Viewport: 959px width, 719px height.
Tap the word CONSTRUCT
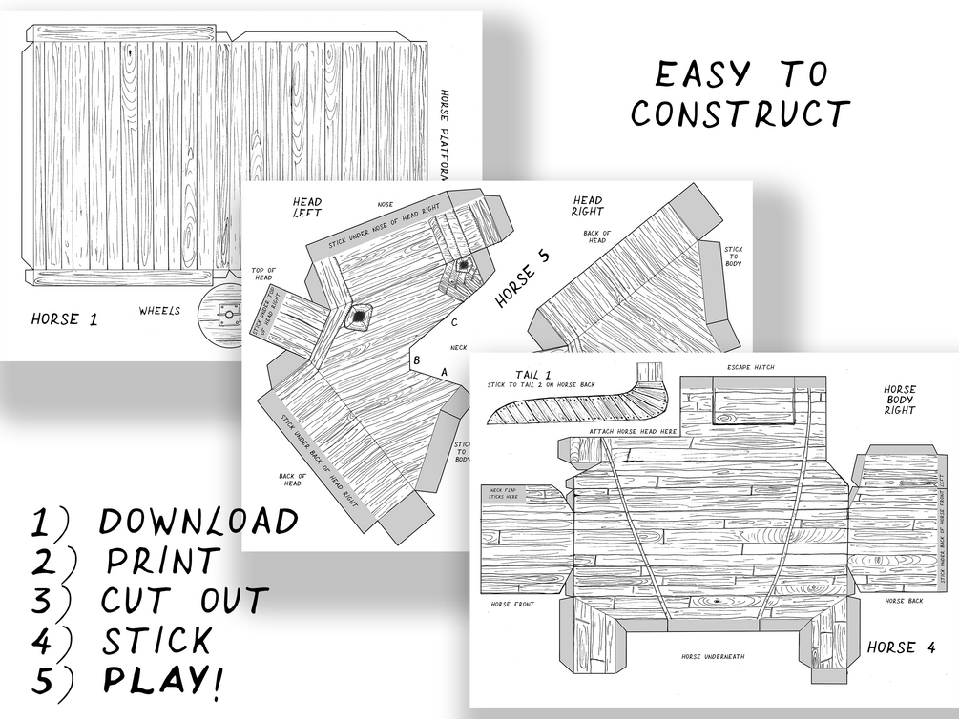pos(740,113)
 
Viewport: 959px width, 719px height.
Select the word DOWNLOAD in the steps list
pos(198,522)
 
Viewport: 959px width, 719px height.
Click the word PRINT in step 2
pos(163,562)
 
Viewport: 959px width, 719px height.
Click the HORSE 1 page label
pos(64,319)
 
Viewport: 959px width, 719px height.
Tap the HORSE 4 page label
pos(901,648)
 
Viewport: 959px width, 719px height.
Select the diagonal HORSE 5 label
pos(522,284)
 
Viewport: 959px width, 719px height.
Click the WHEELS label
pos(159,311)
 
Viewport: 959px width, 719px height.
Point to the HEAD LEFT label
pos(306,207)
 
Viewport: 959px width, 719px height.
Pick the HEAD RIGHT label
pos(587,206)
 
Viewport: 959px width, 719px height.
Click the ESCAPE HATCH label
pos(751,367)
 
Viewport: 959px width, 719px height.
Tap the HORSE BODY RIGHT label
pos(899,400)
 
